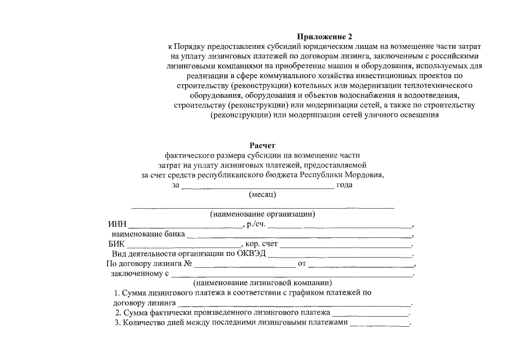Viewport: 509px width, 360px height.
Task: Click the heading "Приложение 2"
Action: tap(323, 36)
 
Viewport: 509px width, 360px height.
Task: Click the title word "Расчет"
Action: tap(262, 145)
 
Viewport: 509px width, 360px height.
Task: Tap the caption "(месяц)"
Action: tap(262, 195)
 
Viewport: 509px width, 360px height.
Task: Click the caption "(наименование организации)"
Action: tap(262, 214)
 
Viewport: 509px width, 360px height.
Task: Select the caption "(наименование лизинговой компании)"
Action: tap(262, 283)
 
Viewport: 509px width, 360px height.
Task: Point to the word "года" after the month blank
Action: tap(344, 185)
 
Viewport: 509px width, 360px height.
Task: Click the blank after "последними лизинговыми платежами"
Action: tap(380, 325)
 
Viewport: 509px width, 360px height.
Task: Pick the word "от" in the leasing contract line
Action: tap(301, 264)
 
